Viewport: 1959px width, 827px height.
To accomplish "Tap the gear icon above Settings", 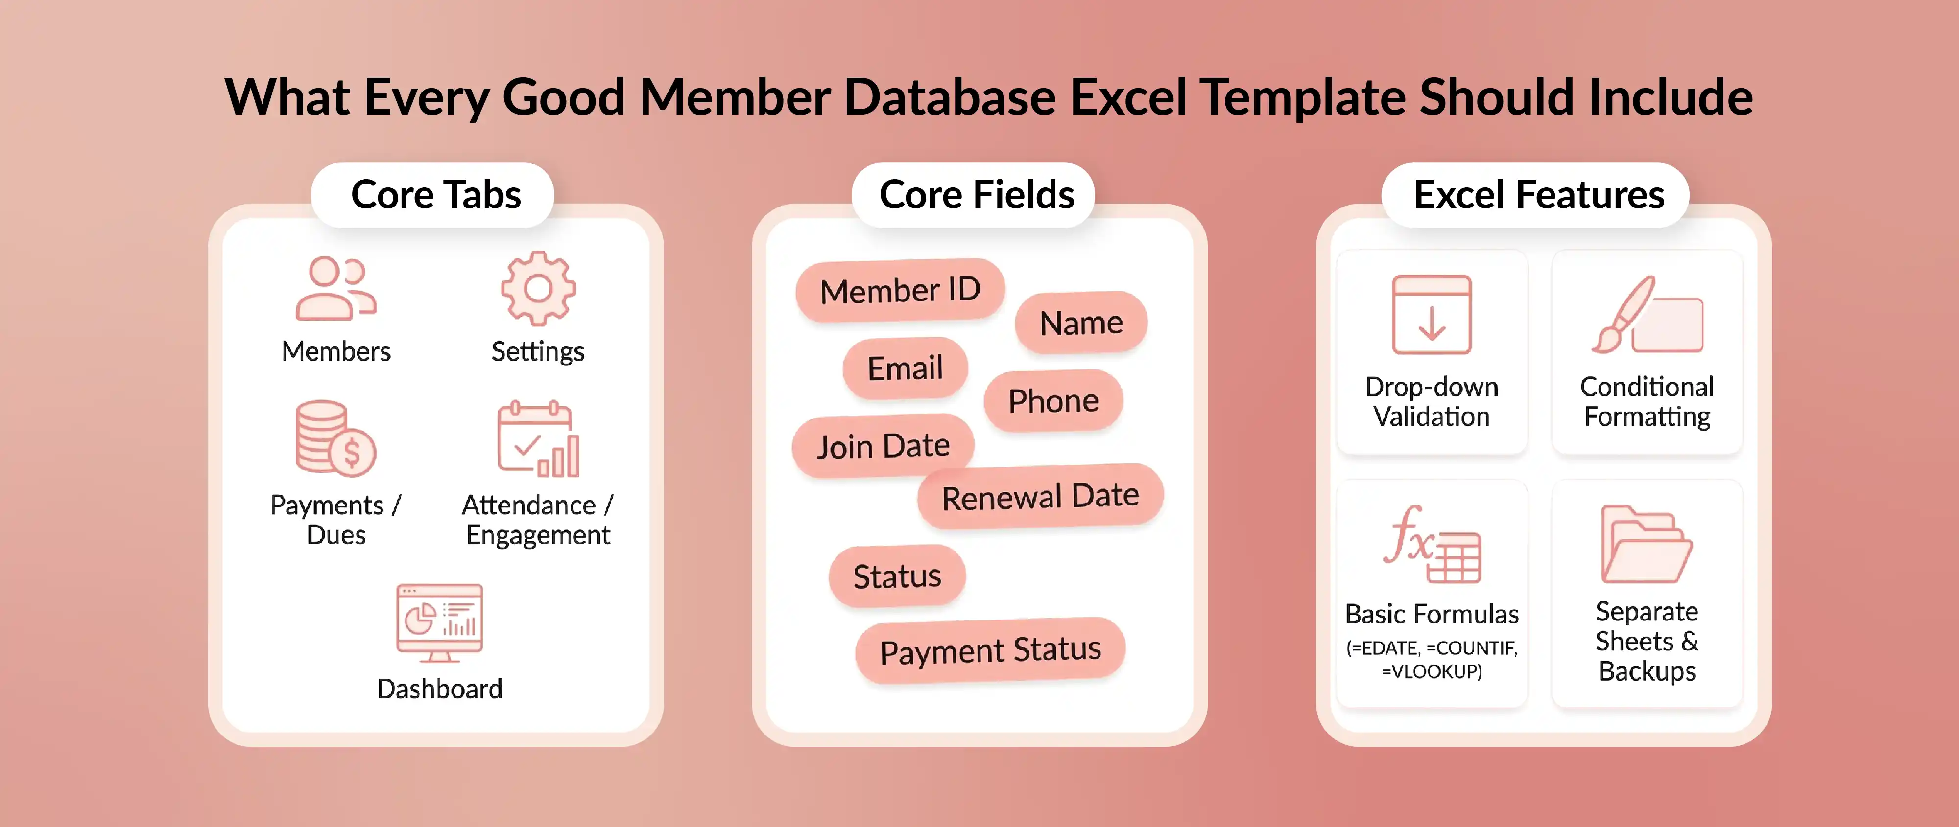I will (538, 289).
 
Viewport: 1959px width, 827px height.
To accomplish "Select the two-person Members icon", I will (335, 289).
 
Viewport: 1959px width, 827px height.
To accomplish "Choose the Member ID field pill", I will (900, 290).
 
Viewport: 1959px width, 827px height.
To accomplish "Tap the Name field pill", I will (1081, 323).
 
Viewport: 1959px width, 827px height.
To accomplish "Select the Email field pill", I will (905, 368).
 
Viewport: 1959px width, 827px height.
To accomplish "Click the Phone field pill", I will (1053, 401).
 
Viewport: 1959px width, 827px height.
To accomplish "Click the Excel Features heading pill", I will (1538, 195).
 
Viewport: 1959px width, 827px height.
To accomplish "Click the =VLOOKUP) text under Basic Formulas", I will (1431, 672).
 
